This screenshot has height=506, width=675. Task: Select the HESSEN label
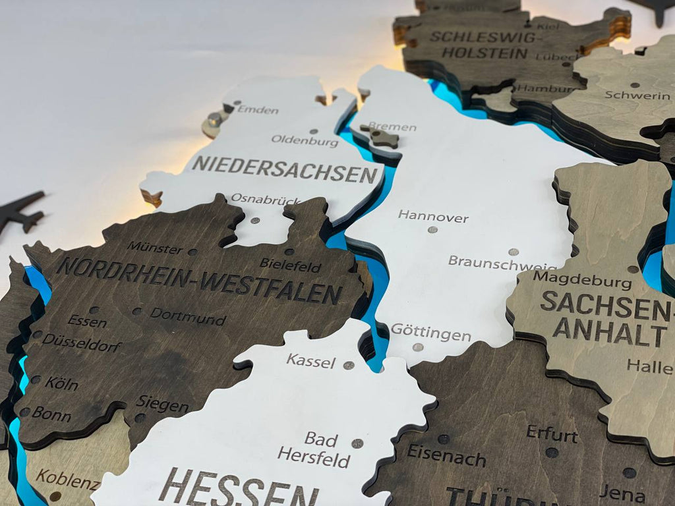237,488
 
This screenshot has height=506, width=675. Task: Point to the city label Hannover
433,216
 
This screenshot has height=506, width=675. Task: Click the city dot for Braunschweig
514,252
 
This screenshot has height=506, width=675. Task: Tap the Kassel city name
310,361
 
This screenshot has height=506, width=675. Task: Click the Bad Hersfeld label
314,449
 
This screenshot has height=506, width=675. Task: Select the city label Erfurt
552,434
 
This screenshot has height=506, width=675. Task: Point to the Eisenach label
446,455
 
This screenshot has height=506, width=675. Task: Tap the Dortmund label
188,316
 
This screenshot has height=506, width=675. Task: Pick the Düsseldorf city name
82,343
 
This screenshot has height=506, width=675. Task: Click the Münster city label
155,248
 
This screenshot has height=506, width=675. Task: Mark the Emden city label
258,109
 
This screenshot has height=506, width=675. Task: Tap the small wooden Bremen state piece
383,138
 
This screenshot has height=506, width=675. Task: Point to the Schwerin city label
637,96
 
